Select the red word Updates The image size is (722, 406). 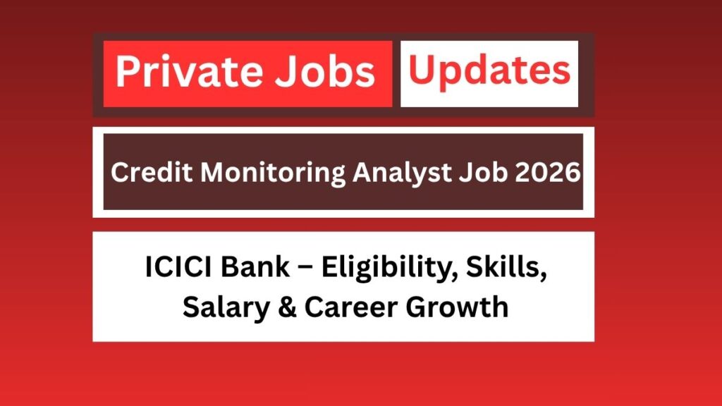(489, 71)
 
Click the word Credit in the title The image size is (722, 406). (142, 172)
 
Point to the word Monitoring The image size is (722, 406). (246, 173)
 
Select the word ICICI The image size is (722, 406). (173, 271)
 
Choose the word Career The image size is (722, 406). (343, 308)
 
